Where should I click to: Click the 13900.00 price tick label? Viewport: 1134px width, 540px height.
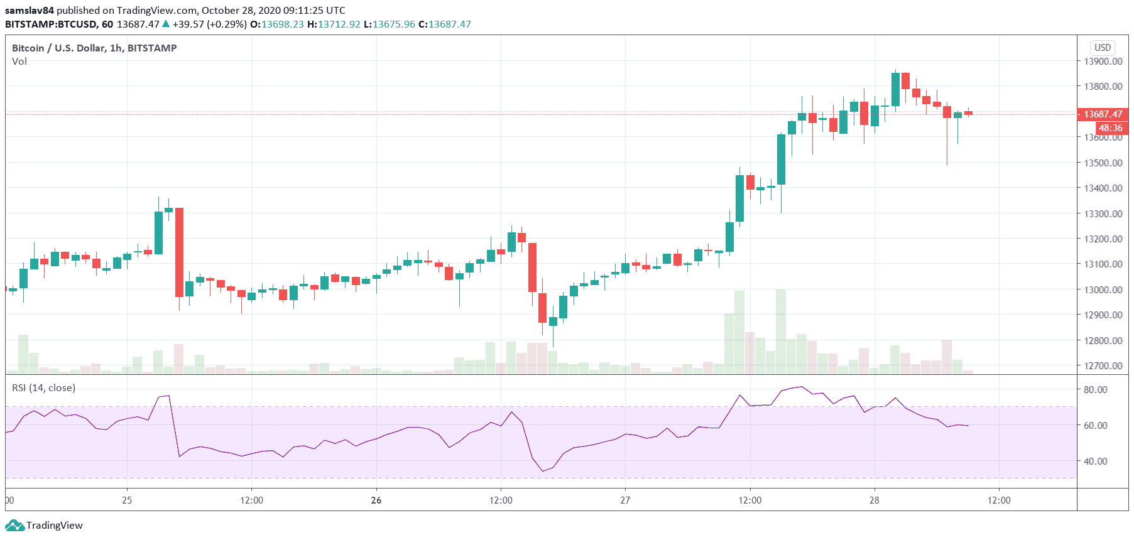pyautogui.click(x=1103, y=61)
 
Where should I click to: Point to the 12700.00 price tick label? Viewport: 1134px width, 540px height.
pyautogui.click(x=1103, y=365)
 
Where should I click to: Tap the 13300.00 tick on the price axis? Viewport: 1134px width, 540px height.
pyautogui.click(x=1103, y=213)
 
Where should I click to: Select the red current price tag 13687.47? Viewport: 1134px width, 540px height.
pyautogui.click(x=1103, y=114)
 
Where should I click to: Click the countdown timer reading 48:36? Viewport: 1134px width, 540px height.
pyautogui.click(x=1110, y=128)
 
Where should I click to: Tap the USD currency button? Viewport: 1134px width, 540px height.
pyautogui.click(x=1103, y=48)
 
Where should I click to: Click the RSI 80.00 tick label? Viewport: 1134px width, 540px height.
pyautogui.click(x=1095, y=389)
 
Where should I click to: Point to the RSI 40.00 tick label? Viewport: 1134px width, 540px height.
pyautogui.click(x=1095, y=461)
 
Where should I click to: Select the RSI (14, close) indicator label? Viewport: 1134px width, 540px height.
pyautogui.click(x=43, y=388)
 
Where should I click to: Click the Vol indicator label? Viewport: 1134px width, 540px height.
pyautogui.click(x=19, y=62)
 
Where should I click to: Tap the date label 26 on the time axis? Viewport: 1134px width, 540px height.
pyautogui.click(x=376, y=500)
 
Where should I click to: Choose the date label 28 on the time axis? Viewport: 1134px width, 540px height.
pyautogui.click(x=875, y=500)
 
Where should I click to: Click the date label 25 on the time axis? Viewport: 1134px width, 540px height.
pyautogui.click(x=127, y=500)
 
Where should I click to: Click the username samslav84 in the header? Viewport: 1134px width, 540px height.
pyautogui.click(x=30, y=10)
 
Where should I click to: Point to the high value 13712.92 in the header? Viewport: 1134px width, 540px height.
pyautogui.click(x=339, y=24)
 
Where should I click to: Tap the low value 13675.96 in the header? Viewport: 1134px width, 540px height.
pyautogui.click(x=394, y=24)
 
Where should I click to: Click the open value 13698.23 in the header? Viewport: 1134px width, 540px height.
pyautogui.click(x=282, y=24)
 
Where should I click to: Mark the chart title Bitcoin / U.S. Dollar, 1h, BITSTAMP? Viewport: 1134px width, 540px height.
pyautogui.click(x=94, y=48)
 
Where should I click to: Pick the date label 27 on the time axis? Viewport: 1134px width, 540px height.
pyautogui.click(x=625, y=500)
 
